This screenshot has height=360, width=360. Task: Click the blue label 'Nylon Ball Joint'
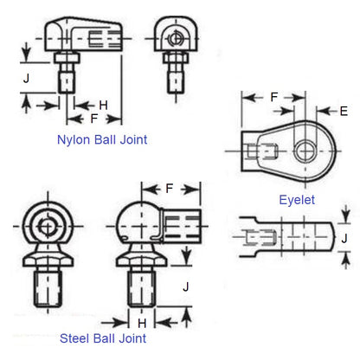(x=101, y=138)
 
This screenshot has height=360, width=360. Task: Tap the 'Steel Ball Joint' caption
(x=102, y=337)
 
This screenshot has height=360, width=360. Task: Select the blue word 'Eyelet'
(x=297, y=198)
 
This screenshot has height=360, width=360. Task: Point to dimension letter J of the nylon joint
(x=27, y=78)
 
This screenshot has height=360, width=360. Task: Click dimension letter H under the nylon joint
(x=103, y=105)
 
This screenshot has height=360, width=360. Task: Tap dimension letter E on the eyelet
(x=344, y=111)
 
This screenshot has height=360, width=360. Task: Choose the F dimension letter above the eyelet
(x=273, y=98)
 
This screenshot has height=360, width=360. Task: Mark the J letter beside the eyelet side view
(x=344, y=236)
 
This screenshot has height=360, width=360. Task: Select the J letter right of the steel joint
(x=184, y=285)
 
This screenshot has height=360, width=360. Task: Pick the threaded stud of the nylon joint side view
(x=66, y=76)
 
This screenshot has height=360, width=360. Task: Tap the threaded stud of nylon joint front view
(x=176, y=73)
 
